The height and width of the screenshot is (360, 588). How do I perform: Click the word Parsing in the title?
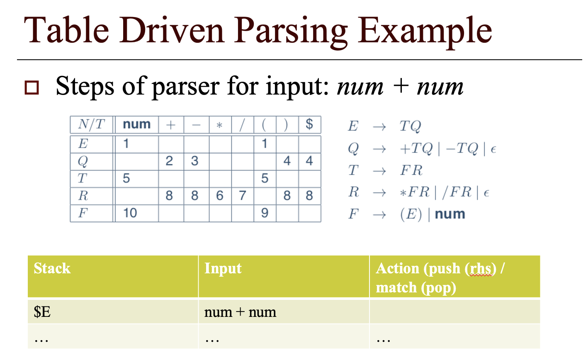(x=291, y=31)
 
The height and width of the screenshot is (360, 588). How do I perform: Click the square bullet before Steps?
(x=32, y=88)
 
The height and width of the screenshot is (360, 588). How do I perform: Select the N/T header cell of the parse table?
(x=91, y=124)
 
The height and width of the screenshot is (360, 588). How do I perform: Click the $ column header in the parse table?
(x=309, y=124)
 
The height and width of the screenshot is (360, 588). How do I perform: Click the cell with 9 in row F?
(x=265, y=213)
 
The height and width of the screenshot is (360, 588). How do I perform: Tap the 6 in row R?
(x=220, y=195)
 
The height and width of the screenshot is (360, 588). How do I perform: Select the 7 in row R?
(x=243, y=195)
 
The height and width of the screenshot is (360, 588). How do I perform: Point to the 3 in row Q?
(x=195, y=161)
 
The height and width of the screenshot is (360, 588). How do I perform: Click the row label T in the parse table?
(x=83, y=178)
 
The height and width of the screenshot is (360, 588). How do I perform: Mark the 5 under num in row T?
(x=126, y=178)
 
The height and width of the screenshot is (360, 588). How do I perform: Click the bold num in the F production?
(x=450, y=214)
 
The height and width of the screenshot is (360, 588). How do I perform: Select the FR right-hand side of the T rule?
(x=411, y=170)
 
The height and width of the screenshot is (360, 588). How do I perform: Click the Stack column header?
(x=52, y=268)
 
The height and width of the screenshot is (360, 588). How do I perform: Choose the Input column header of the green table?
(x=223, y=268)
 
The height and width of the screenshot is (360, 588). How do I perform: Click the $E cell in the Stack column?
(x=42, y=312)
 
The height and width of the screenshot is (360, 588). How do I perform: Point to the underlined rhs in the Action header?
(x=481, y=269)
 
